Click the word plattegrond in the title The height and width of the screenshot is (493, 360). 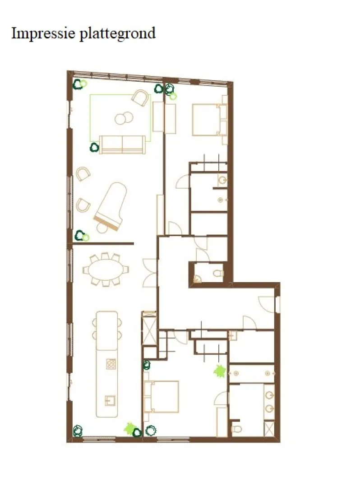tap(117, 33)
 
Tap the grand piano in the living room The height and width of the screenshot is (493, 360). tap(111, 205)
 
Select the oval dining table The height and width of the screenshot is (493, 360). tap(106, 270)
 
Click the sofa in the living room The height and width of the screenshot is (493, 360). tap(122, 144)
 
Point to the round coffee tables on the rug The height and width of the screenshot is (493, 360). tap(124, 118)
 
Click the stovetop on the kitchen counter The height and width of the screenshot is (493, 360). tap(111, 364)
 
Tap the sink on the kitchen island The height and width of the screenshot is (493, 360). tap(110, 400)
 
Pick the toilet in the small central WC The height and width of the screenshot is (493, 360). tap(218, 273)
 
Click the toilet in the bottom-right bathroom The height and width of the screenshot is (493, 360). tap(236, 429)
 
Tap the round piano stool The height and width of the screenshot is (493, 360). tap(102, 228)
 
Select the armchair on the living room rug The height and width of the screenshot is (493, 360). tap(140, 98)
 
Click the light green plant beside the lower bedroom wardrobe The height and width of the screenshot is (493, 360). tap(220, 371)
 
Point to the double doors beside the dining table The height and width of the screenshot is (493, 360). tap(149, 273)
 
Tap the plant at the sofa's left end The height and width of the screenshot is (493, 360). tap(94, 147)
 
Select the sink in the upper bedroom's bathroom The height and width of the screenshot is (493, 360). tap(222, 180)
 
